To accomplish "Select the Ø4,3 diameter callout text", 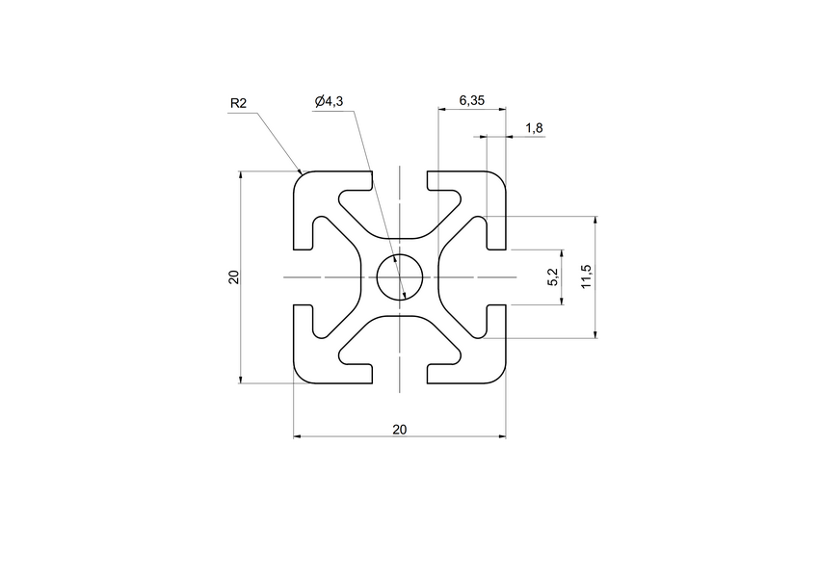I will [330, 102].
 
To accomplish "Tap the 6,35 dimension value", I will [472, 100].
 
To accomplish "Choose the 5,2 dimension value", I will [552, 277].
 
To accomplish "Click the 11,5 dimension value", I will [586, 277].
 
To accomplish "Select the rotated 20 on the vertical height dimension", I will [232, 277].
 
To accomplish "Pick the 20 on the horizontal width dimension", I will [399, 429].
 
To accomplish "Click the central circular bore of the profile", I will [399, 277].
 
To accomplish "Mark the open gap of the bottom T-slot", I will [399, 374].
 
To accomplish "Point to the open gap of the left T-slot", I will [303, 277].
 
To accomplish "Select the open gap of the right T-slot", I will [496, 277].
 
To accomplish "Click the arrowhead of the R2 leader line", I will [301, 173].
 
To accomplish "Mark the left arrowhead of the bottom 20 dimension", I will [297, 436].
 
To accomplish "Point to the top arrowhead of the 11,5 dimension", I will [594, 221].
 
